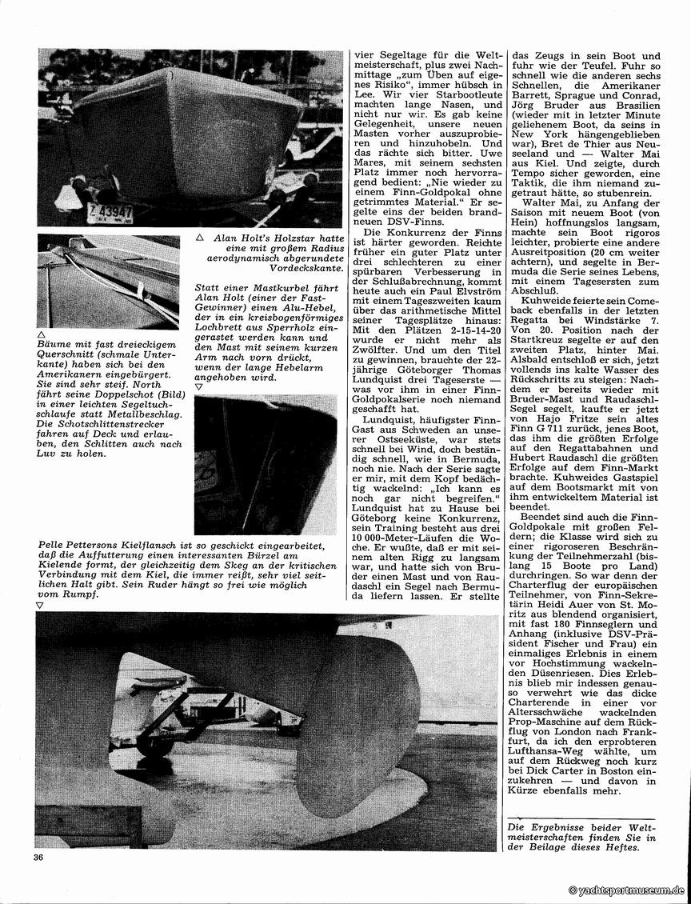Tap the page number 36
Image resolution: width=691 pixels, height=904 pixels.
click(x=39, y=858)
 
